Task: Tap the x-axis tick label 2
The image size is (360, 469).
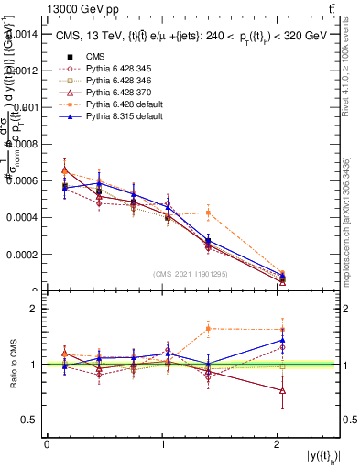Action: coord(277,444)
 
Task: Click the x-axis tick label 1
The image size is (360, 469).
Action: coord(162,444)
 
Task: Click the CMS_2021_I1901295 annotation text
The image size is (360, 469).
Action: coord(191,274)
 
